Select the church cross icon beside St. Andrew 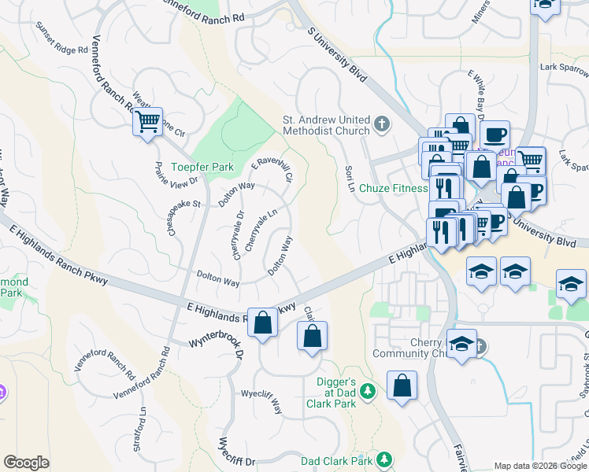(381, 124)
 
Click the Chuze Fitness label (393, 188)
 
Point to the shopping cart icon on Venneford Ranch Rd (147, 122)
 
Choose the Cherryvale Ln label (261, 229)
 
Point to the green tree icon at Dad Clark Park (384, 459)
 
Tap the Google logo (26, 463)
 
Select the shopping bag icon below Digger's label (402, 385)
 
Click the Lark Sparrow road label (564, 68)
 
